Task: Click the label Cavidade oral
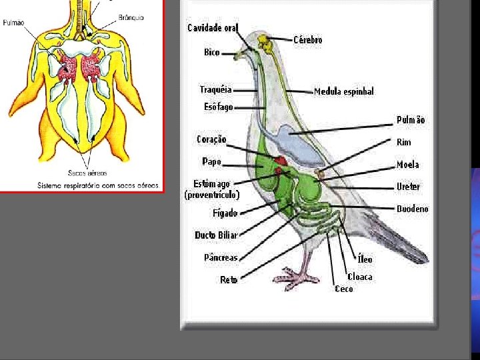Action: click(x=213, y=27)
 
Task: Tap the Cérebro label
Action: click(x=308, y=40)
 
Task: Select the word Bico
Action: click(x=212, y=52)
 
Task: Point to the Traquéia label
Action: click(x=216, y=89)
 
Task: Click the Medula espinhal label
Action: click(x=344, y=91)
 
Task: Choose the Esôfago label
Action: click(x=219, y=107)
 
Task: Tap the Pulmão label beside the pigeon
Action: click(x=411, y=120)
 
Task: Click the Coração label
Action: click(x=211, y=139)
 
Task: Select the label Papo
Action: click(x=211, y=161)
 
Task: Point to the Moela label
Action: click(x=408, y=165)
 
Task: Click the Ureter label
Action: click(x=408, y=187)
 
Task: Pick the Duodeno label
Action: click(x=413, y=209)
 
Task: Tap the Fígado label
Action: click(x=225, y=213)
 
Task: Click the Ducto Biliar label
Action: click(x=216, y=235)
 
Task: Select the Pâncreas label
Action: click(x=221, y=257)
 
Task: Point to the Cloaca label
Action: click(x=360, y=277)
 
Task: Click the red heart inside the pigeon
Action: click(x=281, y=161)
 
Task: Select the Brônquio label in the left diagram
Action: click(x=131, y=17)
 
